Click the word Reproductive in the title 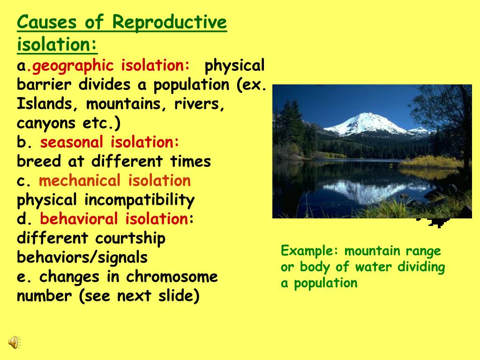[170, 22]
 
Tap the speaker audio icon [14, 343]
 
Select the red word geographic [73, 66]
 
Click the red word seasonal [71, 142]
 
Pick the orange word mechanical [80, 181]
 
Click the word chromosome [172, 277]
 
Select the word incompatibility [139, 201]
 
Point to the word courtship [130, 239]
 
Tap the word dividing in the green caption [421, 267]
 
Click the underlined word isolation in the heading [56, 45]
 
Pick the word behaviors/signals [82, 258]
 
